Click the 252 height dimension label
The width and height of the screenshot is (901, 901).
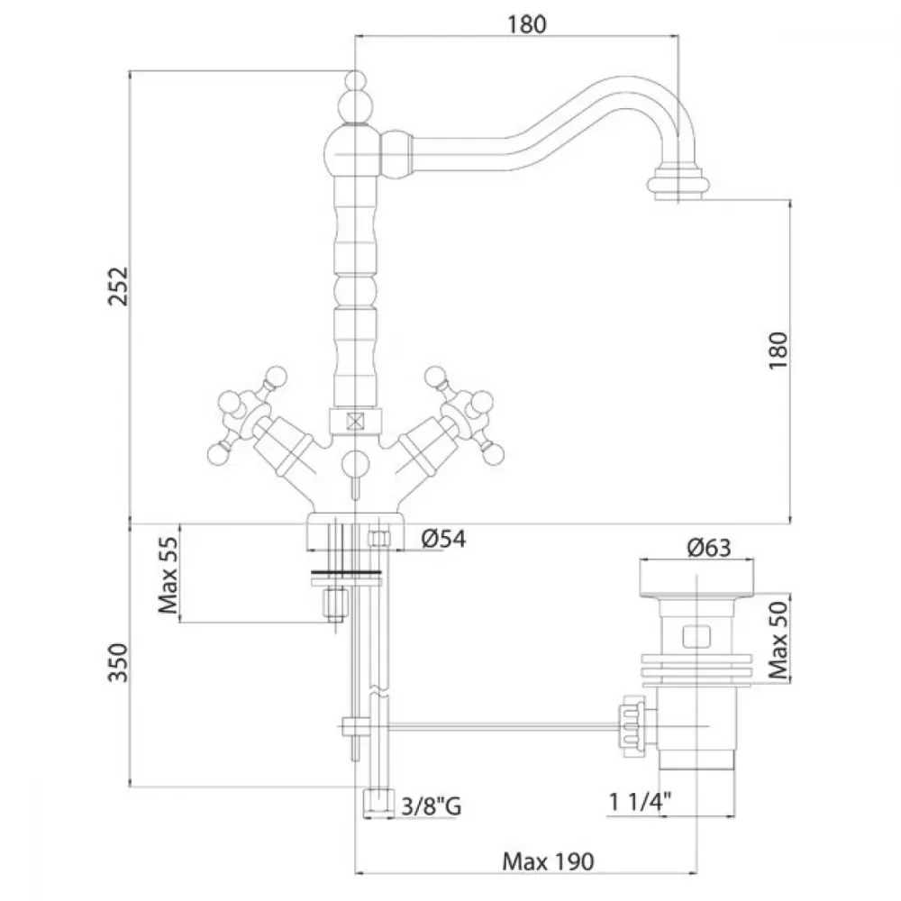click(119, 287)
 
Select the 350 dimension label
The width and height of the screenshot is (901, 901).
click(118, 662)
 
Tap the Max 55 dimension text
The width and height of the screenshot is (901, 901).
click(168, 575)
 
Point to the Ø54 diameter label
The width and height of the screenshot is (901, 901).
click(443, 539)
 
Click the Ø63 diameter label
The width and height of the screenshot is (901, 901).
click(709, 548)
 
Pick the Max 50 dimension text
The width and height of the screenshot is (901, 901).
click(778, 640)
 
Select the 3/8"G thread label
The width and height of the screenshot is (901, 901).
click(431, 806)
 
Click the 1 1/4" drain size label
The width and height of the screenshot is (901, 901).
click(640, 802)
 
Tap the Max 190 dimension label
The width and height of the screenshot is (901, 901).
click(548, 862)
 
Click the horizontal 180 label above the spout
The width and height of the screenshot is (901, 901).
click(526, 24)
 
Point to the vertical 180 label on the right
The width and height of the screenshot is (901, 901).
click(778, 350)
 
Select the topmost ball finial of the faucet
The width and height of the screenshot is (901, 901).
click(356, 79)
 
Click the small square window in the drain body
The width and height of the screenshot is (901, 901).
click(696, 637)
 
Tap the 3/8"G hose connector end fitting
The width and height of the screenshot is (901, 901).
click(378, 803)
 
